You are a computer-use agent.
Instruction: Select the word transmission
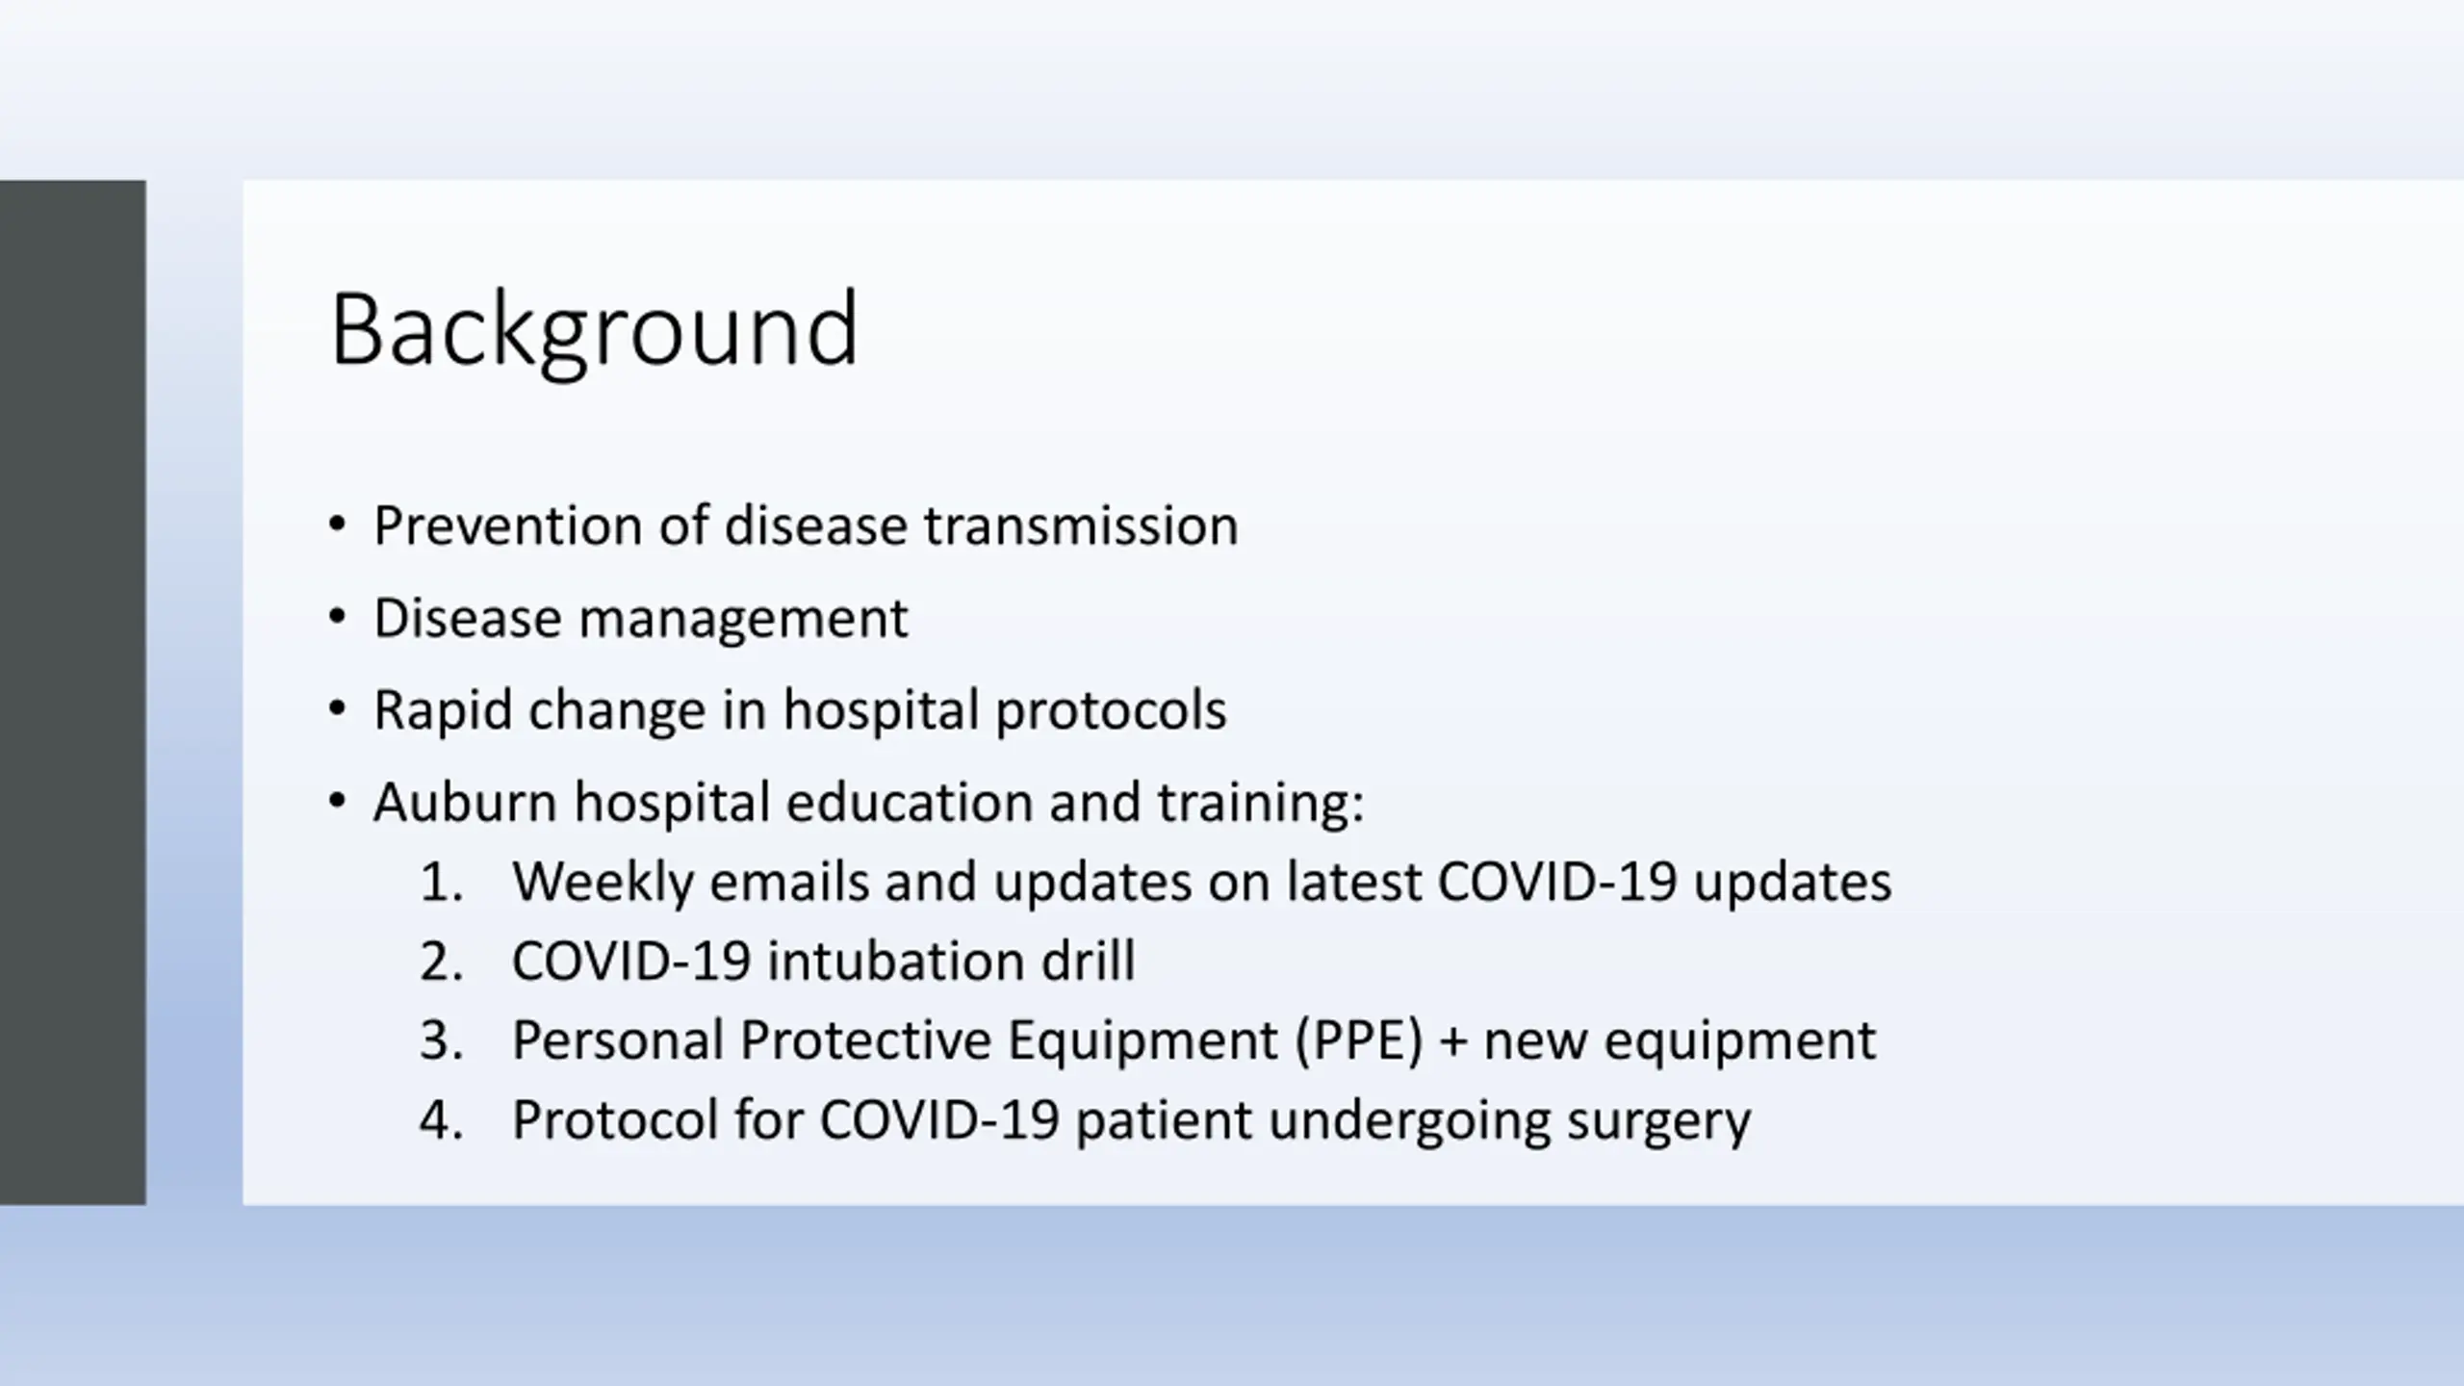1081,526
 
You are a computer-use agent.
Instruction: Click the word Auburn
466,802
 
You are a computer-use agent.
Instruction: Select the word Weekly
603,883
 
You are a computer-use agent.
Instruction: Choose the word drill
1089,961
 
